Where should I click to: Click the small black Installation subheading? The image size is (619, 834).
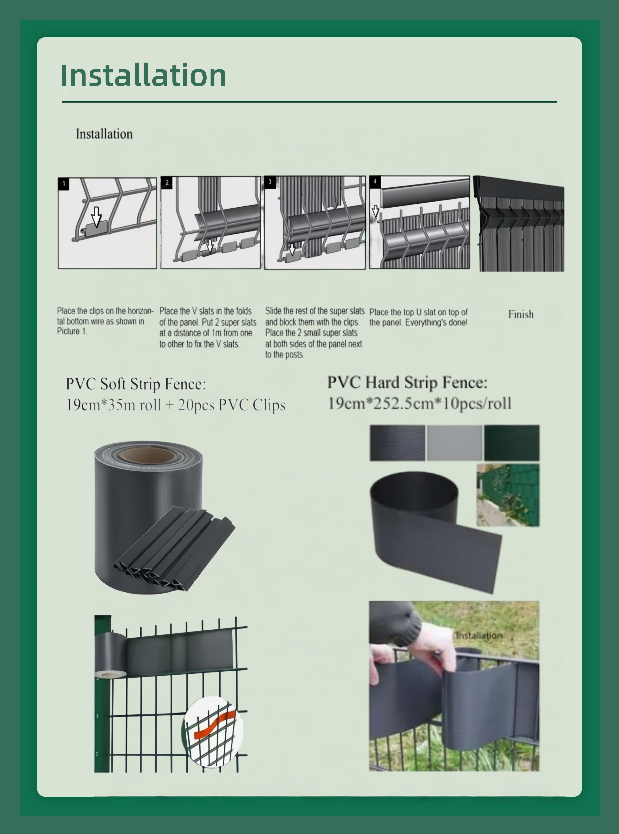point(104,134)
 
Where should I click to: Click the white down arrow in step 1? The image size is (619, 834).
point(97,216)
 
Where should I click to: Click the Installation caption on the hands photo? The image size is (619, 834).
point(479,635)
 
